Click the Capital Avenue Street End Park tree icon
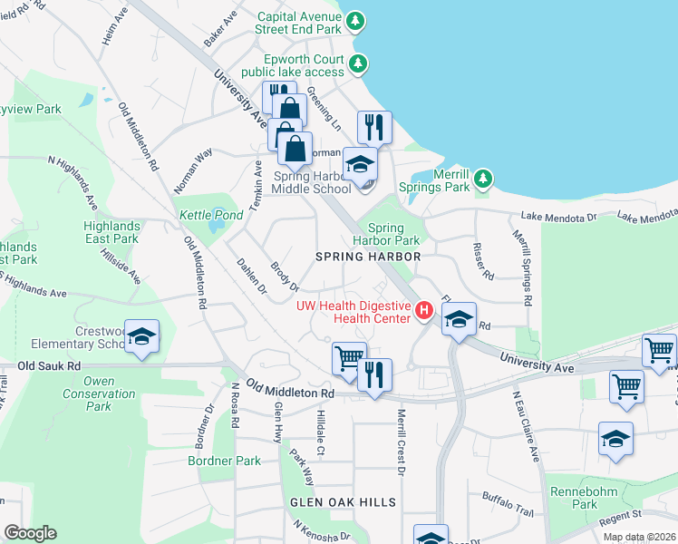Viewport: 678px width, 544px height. [356, 21]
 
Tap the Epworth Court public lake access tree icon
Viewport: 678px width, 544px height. [360, 63]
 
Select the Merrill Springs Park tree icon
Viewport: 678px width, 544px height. [484, 178]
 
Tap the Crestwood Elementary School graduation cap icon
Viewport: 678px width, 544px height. [141, 337]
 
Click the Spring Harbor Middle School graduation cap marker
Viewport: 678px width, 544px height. [360, 165]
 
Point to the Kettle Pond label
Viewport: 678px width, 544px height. [210, 215]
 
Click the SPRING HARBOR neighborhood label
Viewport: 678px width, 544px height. [368, 257]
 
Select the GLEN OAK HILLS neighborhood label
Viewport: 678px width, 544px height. [343, 501]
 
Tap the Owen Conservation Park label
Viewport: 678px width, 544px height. [98, 394]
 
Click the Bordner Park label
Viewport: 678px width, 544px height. [224, 461]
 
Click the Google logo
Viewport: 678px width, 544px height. [30, 533]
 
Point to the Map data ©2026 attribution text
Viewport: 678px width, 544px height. [638, 537]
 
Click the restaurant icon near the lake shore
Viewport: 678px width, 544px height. [374, 127]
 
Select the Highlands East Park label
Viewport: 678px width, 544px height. [111, 232]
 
